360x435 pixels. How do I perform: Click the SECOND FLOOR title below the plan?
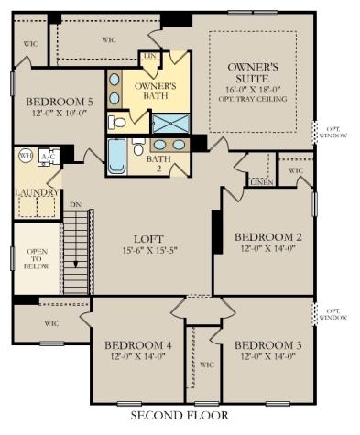179,415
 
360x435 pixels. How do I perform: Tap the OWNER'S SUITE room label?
253,73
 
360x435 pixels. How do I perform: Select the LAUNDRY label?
37,193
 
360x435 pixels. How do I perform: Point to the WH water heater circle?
25,156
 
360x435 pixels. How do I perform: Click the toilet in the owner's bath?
117,122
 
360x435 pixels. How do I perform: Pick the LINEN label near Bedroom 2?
261,182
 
